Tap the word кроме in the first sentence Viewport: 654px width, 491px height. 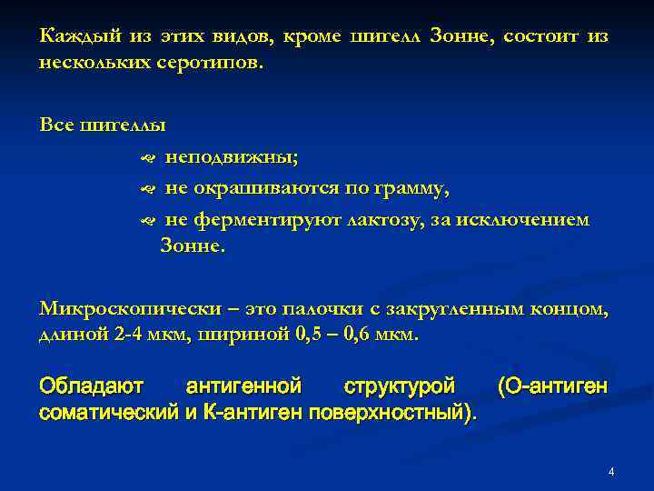click(x=312, y=36)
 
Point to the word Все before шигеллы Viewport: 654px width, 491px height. click(x=57, y=125)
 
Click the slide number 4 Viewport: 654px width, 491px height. click(x=611, y=472)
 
